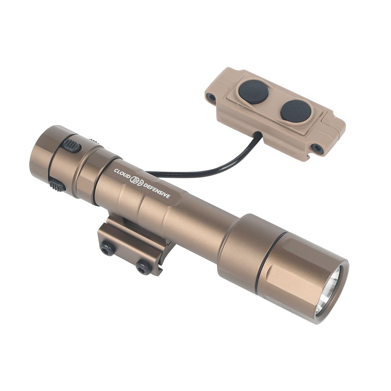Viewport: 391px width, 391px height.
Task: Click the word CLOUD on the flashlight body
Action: tap(122, 174)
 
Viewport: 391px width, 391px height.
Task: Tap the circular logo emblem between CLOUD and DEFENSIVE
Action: tap(137, 181)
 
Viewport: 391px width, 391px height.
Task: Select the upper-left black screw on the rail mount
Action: tap(107, 248)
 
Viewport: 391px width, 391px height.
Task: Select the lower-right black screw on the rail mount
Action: tap(144, 267)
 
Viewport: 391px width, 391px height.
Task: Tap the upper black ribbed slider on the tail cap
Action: tap(72, 145)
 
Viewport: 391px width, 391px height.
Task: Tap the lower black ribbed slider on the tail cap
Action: tap(57, 186)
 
